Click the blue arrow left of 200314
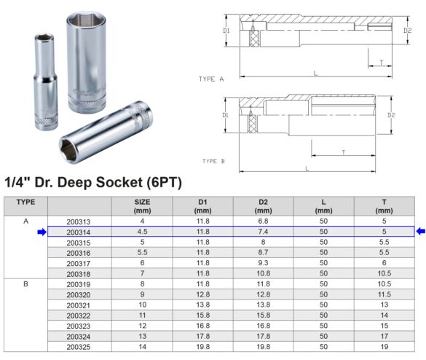(x=42, y=232)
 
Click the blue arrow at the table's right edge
(x=420, y=232)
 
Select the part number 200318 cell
(x=78, y=273)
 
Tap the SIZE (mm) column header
(x=142, y=206)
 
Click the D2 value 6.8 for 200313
(x=263, y=222)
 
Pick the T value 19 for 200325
(x=384, y=347)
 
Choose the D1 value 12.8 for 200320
(x=203, y=294)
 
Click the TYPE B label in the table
(x=25, y=283)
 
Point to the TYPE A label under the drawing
(x=211, y=78)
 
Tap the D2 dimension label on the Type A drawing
(x=407, y=31)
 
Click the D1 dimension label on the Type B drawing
(x=226, y=115)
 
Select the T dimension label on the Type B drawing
(x=343, y=152)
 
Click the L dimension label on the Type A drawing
(x=315, y=74)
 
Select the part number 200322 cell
(x=78, y=315)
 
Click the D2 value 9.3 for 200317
(x=263, y=262)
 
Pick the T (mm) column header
(x=384, y=206)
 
